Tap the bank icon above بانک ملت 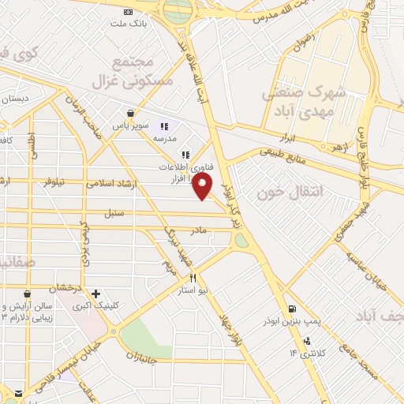(x=129, y=12)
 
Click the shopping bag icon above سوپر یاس (x=129, y=114)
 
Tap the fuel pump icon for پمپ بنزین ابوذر (x=293, y=309)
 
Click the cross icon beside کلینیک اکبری (x=96, y=294)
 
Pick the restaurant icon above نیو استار (x=193, y=279)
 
